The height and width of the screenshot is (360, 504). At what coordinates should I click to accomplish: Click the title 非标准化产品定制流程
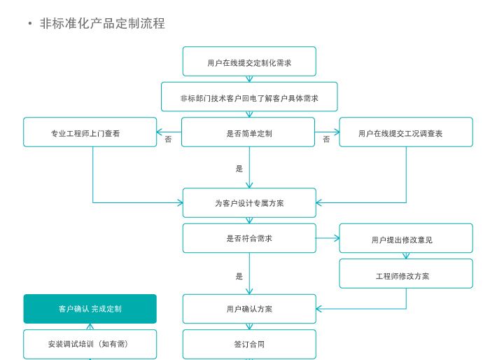click(102, 23)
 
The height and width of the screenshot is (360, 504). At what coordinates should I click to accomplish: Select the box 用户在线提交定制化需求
click(249, 62)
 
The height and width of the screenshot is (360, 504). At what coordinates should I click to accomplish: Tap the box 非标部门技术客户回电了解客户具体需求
click(249, 97)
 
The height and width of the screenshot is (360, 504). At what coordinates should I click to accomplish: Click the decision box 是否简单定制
click(248, 132)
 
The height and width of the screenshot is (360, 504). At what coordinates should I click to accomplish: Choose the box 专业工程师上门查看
click(90, 132)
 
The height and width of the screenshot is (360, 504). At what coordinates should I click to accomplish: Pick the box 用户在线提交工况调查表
click(406, 132)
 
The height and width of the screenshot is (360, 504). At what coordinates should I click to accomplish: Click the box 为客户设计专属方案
click(249, 203)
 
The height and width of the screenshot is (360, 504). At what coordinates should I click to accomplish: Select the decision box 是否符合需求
click(249, 238)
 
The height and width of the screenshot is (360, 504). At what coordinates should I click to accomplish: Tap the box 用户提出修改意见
click(406, 239)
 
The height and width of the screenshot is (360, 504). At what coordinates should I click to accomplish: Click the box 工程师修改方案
click(406, 275)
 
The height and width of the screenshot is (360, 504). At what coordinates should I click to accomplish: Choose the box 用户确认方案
click(249, 309)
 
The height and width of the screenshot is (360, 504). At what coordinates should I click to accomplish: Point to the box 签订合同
click(249, 344)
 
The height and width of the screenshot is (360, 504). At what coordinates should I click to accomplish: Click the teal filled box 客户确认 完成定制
click(90, 309)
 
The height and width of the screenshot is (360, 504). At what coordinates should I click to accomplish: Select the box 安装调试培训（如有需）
click(90, 344)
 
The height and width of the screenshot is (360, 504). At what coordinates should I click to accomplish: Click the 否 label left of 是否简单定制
click(168, 139)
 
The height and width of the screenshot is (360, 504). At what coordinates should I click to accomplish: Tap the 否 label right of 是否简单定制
click(326, 139)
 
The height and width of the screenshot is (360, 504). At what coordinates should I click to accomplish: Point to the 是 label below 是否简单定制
click(239, 169)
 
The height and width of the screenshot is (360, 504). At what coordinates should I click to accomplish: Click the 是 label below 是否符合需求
click(239, 276)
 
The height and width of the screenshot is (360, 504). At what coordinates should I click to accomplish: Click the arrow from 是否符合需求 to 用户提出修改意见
click(328, 238)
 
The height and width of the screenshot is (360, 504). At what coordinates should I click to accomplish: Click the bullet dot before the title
click(30, 24)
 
